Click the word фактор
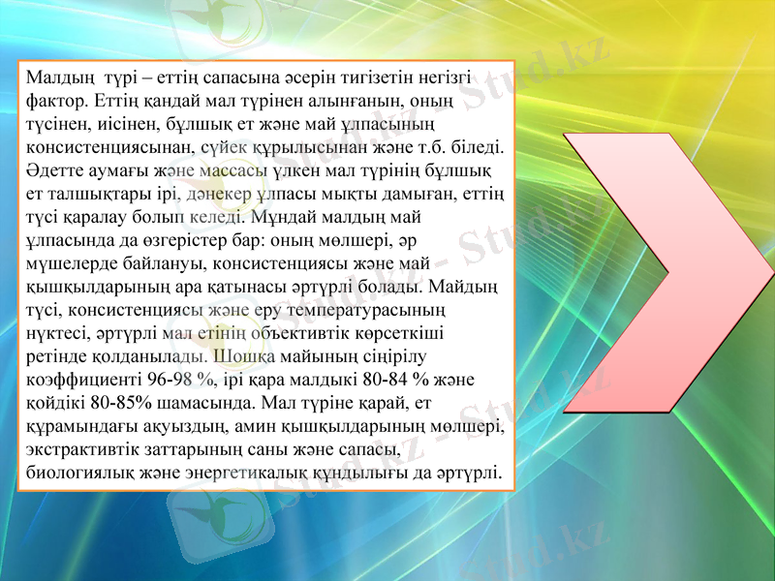pos(56,100)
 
